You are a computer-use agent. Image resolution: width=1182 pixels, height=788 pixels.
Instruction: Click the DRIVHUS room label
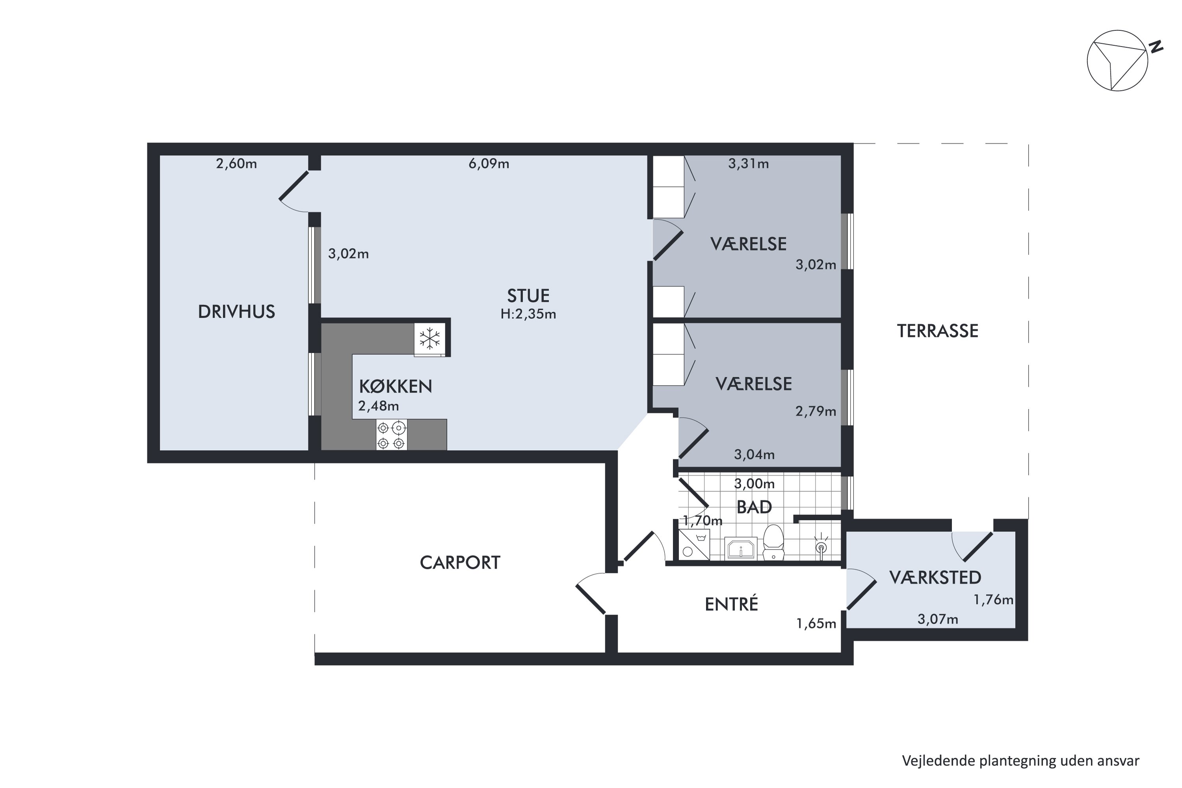pyautogui.click(x=237, y=312)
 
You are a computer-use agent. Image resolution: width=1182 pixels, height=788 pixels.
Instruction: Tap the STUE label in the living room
pyautogui.click(x=528, y=295)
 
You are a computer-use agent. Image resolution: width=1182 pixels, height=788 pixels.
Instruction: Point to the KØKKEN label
pyautogui.click(x=396, y=387)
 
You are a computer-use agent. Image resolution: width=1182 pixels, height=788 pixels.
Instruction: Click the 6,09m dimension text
pyautogui.click(x=489, y=164)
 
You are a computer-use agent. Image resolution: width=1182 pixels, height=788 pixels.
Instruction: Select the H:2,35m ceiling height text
pyautogui.click(x=528, y=314)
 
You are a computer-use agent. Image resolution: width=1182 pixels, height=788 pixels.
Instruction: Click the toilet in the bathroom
pyautogui.click(x=773, y=543)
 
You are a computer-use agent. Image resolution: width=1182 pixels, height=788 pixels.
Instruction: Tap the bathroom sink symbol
pyautogui.click(x=741, y=549)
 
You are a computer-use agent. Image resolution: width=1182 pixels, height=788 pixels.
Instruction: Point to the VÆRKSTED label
pyautogui.click(x=935, y=578)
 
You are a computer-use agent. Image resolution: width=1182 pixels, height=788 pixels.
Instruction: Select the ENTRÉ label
pyautogui.click(x=731, y=604)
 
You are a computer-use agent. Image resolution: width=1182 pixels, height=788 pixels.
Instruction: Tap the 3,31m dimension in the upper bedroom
pyautogui.click(x=748, y=164)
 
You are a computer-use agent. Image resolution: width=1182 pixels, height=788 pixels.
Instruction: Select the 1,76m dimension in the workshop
pyautogui.click(x=994, y=600)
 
